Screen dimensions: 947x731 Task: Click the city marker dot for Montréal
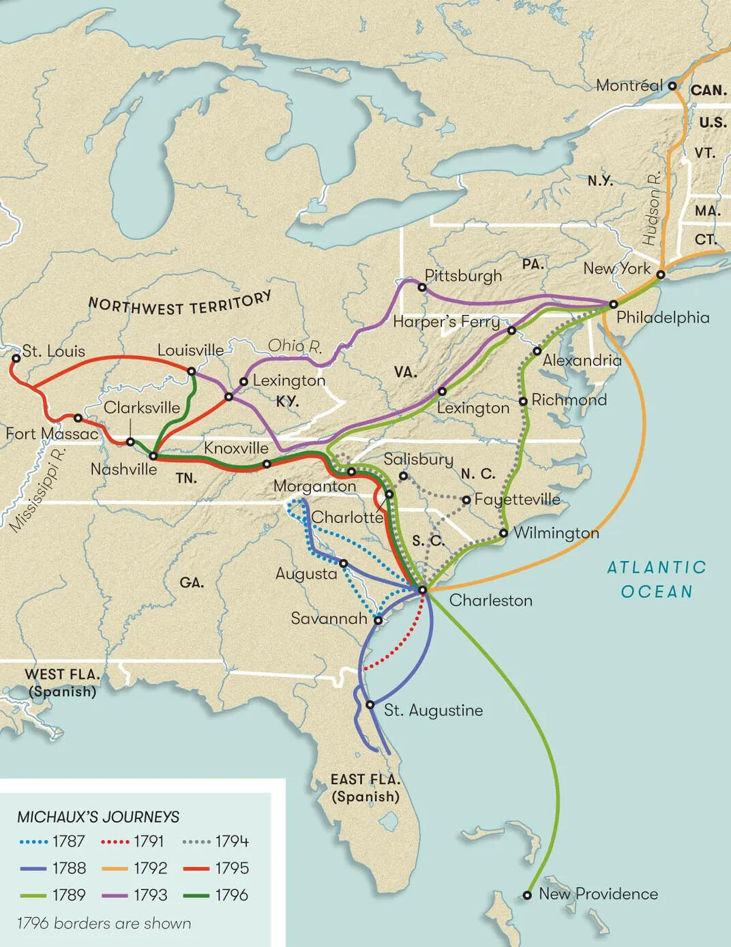click(x=672, y=86)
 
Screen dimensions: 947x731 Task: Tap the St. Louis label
click(x=53, y=351)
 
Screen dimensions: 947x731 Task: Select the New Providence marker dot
click(x=527, y=895)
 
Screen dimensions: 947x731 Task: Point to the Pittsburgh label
click(x=463, y=276)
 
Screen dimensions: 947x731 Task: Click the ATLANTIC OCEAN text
click(x=656, y=579)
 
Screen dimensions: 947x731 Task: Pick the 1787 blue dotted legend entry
click(x=53, y=841)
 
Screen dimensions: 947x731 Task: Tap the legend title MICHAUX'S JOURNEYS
click(x=98, y=816)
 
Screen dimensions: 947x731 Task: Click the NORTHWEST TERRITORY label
click(x=180, y=304)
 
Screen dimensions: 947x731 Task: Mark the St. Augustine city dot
click(x=370, y=704)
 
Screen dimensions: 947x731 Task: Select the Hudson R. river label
click(x=651, y=209)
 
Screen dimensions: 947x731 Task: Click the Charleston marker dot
click(x=422, y=590)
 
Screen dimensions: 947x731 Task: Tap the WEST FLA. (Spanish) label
click(x=61, y=682)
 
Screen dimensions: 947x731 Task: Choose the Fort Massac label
click(x=52, y=434)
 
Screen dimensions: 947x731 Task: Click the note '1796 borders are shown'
click(x=104, y=923)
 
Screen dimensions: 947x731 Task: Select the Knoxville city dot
click(x=267, y=464)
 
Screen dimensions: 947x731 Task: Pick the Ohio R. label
click(x=295, y=346)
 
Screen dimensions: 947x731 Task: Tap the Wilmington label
click(x=556, y=532)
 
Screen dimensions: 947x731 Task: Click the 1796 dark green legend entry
click(x=215, y=895)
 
